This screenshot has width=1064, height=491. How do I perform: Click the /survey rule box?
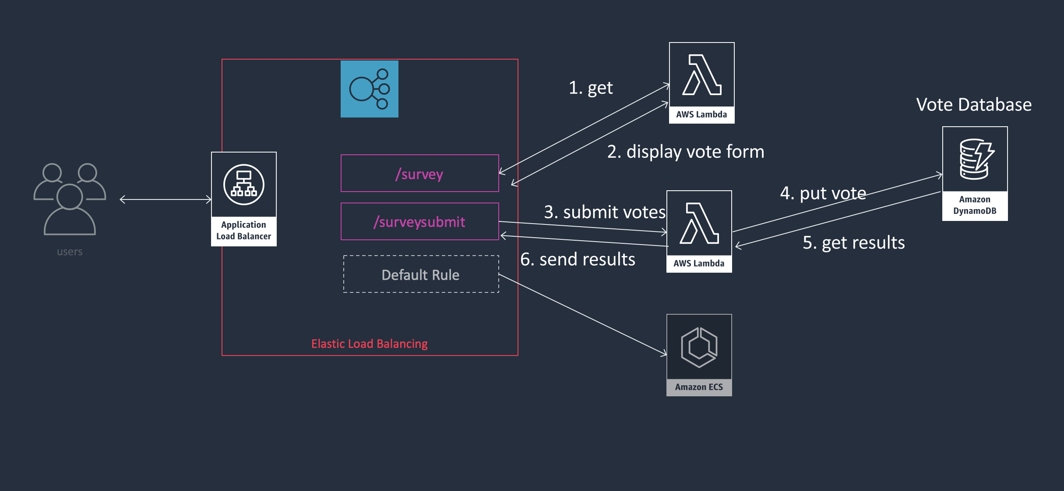[419, 173]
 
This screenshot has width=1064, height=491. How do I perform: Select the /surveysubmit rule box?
[419, 221]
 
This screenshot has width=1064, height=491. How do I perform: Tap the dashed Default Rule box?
[421, 274]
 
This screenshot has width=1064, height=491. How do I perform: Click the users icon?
[70, 199]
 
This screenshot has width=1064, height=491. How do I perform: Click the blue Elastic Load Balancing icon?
[369, 89]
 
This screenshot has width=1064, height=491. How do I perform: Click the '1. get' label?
[591, 88]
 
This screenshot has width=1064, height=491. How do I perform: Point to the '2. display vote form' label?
[686, 152]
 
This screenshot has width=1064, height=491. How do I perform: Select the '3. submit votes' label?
[605, 212]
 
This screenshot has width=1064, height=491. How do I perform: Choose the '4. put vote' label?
[823, 193]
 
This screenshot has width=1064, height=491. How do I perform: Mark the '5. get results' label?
[853, 242]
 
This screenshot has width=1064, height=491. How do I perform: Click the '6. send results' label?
[578, 260]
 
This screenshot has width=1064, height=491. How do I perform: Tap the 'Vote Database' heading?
[974, 105]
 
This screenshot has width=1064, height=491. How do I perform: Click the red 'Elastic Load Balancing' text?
[369, 344]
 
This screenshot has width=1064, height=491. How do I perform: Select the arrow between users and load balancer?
[166, 199]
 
